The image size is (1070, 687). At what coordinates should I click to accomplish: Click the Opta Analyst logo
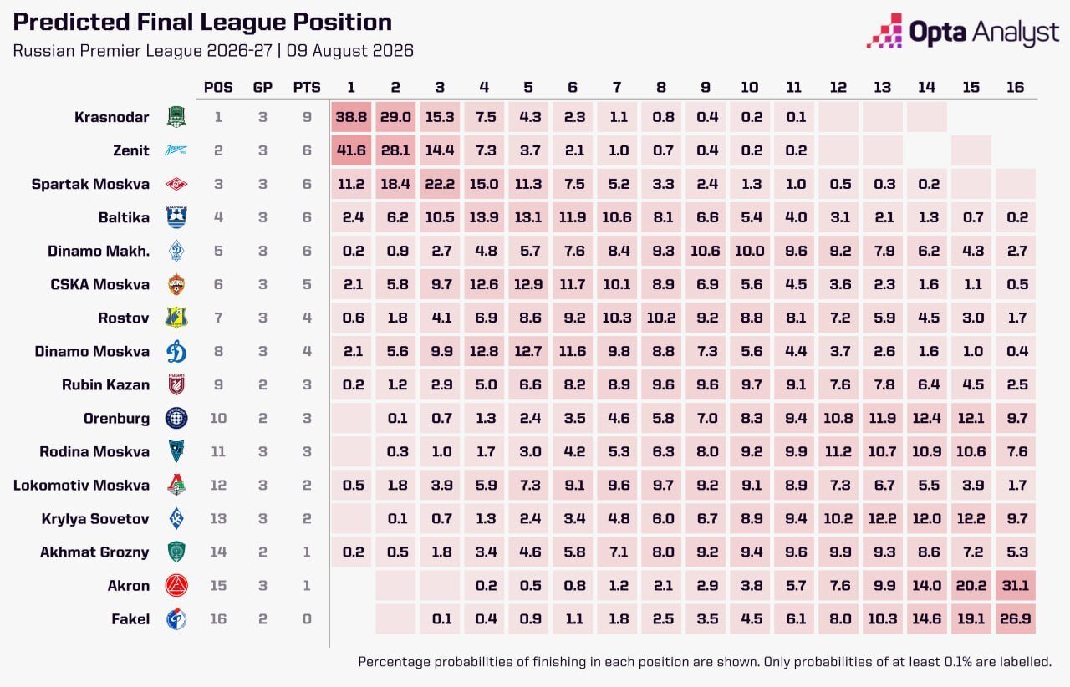pos(962,31)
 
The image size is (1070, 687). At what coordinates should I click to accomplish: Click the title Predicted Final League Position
pos(202,22)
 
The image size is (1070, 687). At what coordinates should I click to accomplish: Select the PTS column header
pos(307,88)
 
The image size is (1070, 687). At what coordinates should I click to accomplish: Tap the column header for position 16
pos(1015,88)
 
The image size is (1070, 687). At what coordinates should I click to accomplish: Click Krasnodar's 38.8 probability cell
pos(351,117)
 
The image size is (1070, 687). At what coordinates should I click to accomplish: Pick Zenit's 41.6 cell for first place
pos(351,150)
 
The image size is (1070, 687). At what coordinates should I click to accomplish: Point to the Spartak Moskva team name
pos(90,184)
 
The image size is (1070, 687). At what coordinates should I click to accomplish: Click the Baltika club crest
pos(176,217)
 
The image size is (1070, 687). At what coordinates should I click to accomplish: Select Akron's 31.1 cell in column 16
pos(1015,585)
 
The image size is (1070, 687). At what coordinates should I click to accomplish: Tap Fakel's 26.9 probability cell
pos(1015,618)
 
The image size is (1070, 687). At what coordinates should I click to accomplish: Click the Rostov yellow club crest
pos(176,318)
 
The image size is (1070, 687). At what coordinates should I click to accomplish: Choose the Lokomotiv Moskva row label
pos(81,485)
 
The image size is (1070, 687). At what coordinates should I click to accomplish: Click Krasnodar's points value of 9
pos(307,117)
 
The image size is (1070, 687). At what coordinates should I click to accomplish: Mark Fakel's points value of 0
pos(307,618)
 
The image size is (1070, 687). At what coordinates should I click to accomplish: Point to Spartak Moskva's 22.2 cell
pos(440,184)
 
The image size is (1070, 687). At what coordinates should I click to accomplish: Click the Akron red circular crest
pos(176,585)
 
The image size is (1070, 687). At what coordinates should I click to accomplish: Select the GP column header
pos(262,88)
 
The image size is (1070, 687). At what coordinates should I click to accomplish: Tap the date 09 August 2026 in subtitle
pos(350,51)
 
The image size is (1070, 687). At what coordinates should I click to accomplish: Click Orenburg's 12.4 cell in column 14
pos(927,418)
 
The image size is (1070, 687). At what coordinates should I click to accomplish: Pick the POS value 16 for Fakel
pos(218,618)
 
